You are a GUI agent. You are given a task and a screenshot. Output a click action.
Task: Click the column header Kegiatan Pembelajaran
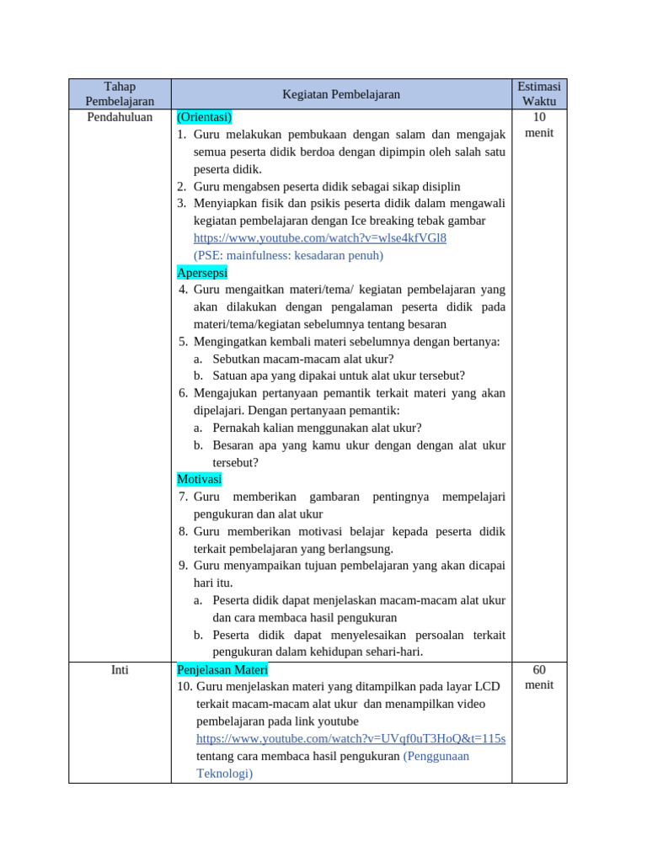click(x=341, y=95)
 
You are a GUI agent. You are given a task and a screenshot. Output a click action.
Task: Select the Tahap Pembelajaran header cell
click(x=120, y=94)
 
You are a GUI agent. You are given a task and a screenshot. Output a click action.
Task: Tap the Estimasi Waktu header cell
click(x=539, y=94)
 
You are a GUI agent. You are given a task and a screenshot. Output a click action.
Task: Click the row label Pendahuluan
click(x=120, y=117)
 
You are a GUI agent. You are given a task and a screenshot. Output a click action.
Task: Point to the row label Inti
click(x=120, y=670)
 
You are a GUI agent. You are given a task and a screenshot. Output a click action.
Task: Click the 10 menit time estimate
click(x=539, y=125)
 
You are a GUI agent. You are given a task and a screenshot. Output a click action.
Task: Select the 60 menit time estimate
click(x=539, y=677)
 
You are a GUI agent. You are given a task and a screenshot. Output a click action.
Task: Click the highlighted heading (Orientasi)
click(x=204, y=117)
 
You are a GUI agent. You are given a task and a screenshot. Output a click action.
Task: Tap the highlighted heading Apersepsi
click(x=202, y=273)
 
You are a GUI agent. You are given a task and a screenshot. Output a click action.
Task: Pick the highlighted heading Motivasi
click(x=199, y=479)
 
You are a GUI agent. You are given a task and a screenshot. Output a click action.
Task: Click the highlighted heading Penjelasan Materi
click(x=222, y=670)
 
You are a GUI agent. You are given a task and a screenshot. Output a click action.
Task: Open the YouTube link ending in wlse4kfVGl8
click(x=319, y=238)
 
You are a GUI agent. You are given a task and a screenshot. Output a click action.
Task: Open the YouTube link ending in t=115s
click(x=350, y=738)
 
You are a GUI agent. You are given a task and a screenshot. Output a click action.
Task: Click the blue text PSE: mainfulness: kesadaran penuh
click(x=288, y=255)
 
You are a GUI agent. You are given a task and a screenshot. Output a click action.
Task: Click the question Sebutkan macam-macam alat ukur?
click(x=302, y=359)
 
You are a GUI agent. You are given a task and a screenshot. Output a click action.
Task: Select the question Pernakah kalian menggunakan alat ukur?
click(x=317, y=428)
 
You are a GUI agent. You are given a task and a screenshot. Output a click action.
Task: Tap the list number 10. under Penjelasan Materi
click(x=184, y=687)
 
